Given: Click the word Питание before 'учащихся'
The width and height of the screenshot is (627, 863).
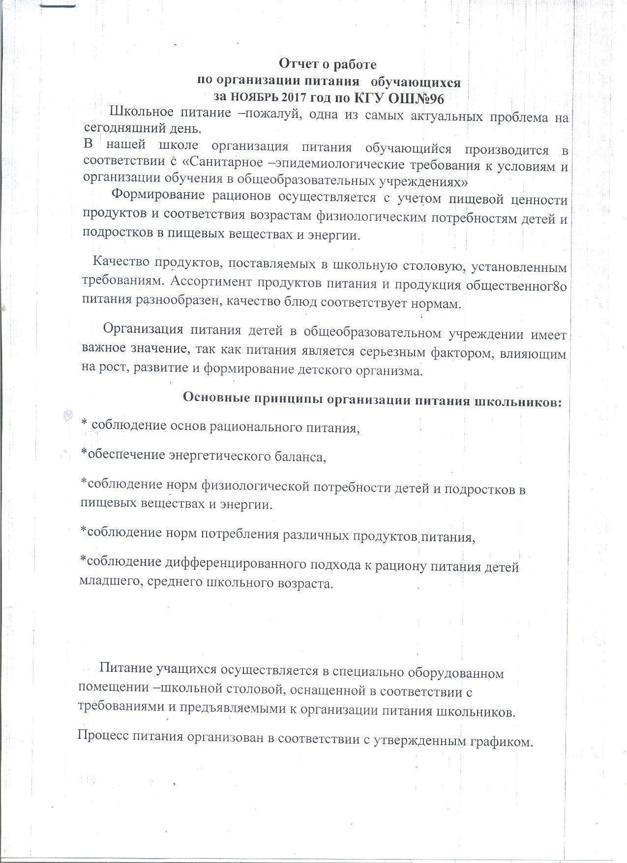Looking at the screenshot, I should (x=126, y=669).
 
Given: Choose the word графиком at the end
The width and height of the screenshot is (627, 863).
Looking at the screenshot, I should (x=503, y=742).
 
